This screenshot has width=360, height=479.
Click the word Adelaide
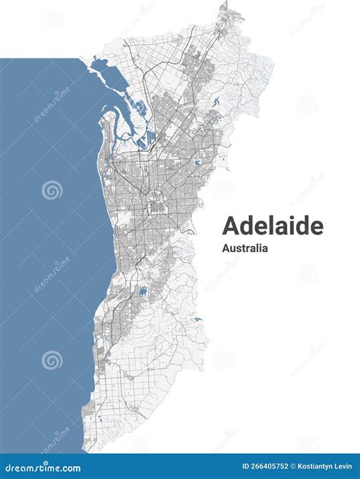pos(272,225)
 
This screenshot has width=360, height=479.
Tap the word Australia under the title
pos(245,247)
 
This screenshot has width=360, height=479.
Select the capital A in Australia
pos(226,247)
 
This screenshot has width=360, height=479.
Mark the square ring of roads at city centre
pos(157,206)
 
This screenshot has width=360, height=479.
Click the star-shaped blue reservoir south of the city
pos(142,291)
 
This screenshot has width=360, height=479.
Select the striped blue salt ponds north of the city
pos(153,140)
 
